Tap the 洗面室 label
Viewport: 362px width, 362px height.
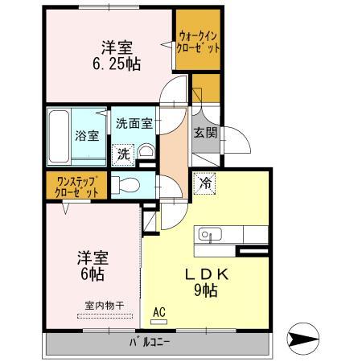pyautogui.click(x=134, y=125)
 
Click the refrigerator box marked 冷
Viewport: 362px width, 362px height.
pyautogui.click(x=206, y=183)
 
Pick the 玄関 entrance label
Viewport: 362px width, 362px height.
pyautogui.click(x=204, y=133)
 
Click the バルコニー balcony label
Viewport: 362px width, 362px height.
pyautogui.click(x=150, y=343)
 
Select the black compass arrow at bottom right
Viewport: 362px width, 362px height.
pyautogui.click(x=307, y=341)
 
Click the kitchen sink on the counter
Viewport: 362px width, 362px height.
pyautogui.click(x=207, y=235)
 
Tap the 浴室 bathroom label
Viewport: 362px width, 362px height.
pyautogui.click(x=87, y=136)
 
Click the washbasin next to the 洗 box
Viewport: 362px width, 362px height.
pyautogui.click(x=146, y=153)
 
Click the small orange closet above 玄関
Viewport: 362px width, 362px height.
pyautogui.click(x=204, y=89)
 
